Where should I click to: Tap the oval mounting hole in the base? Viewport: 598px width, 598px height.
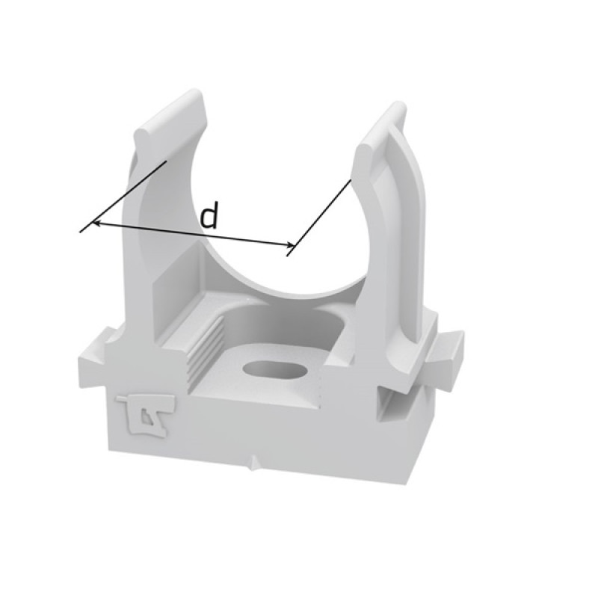pyautogui.click(x=275, y=369)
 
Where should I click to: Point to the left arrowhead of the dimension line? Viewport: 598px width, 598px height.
pyautogui.click(x=97, y=222)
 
